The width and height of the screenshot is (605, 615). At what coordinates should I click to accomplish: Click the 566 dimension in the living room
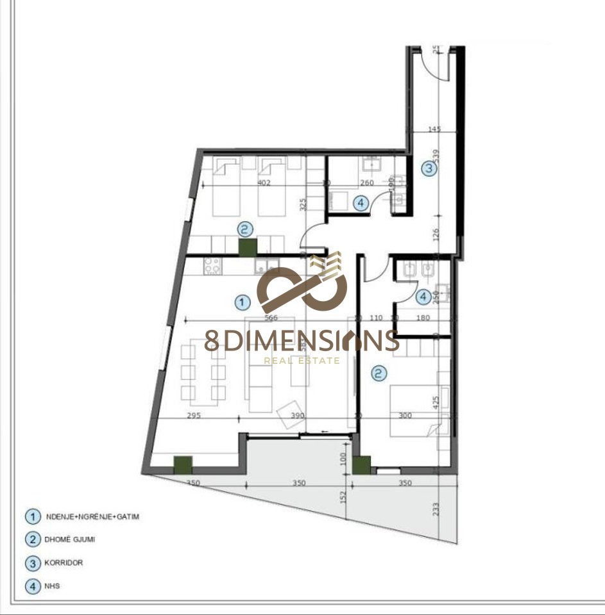click(x=271, y=318)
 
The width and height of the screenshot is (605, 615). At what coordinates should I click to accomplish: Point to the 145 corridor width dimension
click(x=434, y=129)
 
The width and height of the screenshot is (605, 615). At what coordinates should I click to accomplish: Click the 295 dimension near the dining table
click(x=194, y=416)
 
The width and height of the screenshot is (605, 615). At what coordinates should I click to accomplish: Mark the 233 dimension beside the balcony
click(x=436, y=509)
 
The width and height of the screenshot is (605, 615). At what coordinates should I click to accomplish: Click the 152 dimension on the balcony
click(x=343, y=496)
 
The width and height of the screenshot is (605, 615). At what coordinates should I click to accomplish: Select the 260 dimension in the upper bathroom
click(x=366, y=183)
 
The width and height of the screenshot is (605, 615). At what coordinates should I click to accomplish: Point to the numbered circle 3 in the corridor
click(x=429, y=169)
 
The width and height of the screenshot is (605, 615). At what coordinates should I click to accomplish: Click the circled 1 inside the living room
click(x=242, y=300)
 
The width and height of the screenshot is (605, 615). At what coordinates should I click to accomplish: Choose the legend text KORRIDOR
click(x=64, y=563)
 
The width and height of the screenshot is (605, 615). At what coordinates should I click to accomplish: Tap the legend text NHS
click(x=53, y=586)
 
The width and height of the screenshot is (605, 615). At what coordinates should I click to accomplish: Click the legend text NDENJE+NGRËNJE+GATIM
click(x=92, y=516)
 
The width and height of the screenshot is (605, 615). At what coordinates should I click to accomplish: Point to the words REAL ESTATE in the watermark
click(x=302, y=361)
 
